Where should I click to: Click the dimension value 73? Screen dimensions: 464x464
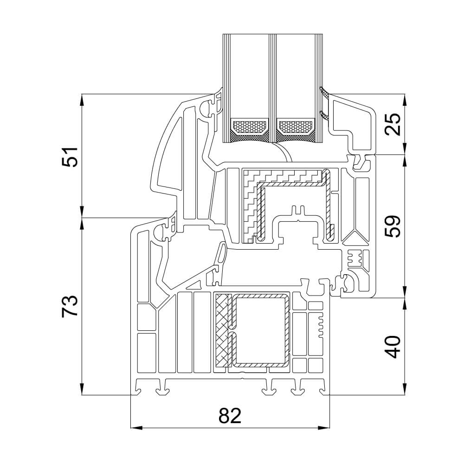(69, 306)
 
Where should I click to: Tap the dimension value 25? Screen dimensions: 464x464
(393, 124)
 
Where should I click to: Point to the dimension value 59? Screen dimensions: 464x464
(393, 226)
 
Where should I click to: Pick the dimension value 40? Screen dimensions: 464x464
(393, 347)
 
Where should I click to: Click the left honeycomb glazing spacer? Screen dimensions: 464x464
(249, 126)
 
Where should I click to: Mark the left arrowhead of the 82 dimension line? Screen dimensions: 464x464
(135, 427)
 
